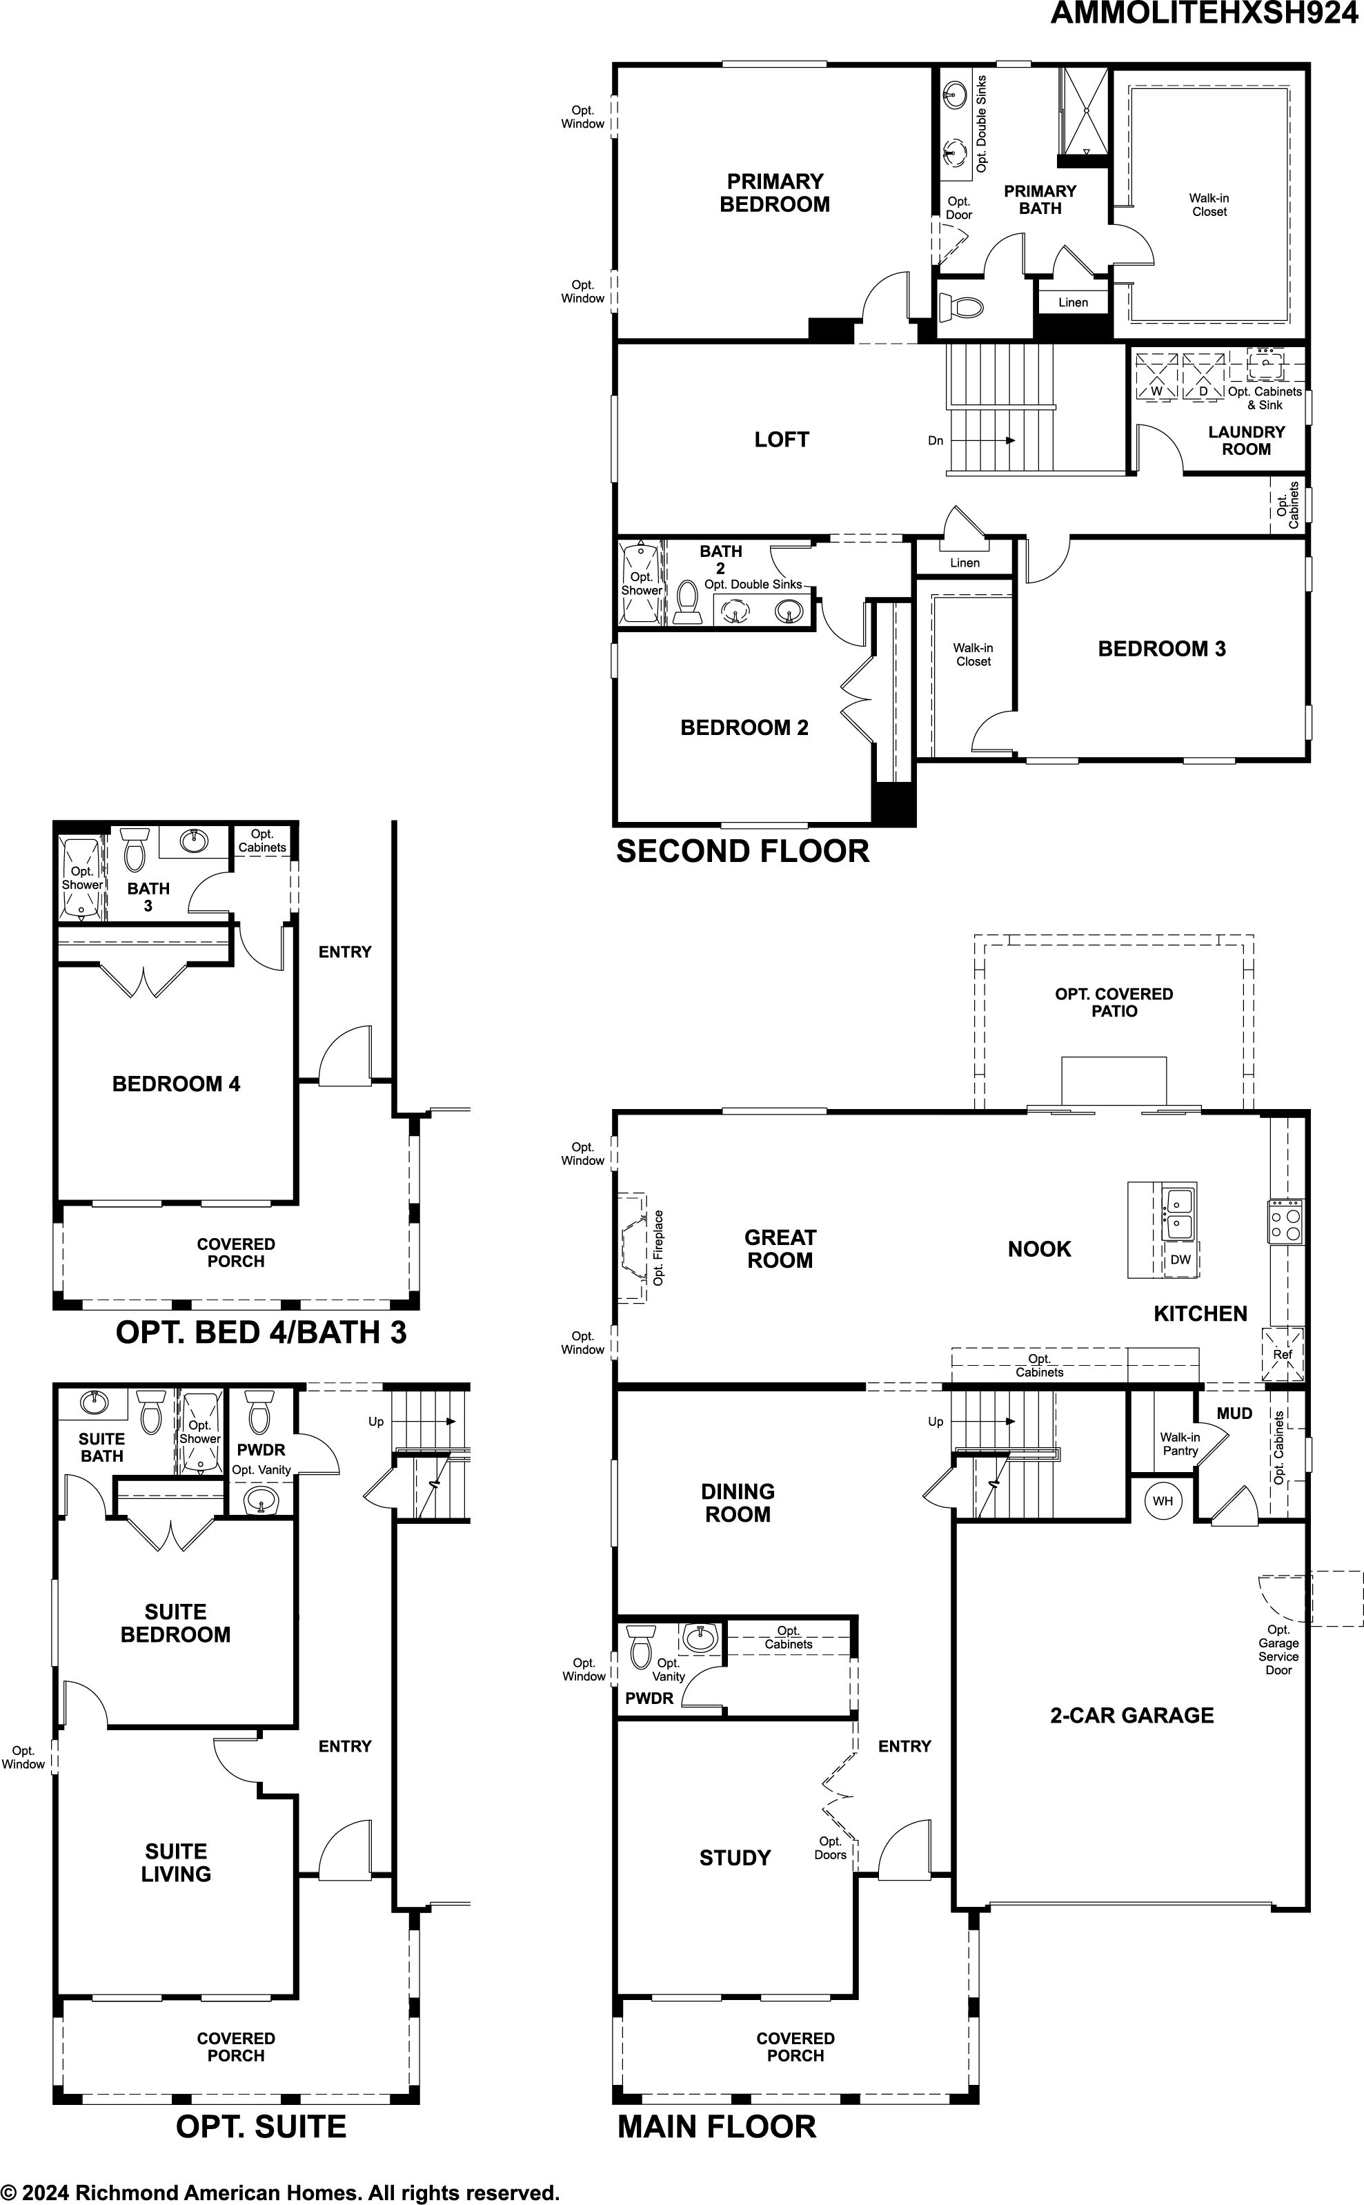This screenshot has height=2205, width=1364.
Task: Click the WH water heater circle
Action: (1163, 1500)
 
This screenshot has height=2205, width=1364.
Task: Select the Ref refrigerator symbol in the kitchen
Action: (1283, 1354)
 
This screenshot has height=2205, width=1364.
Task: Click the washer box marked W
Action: (1156, 375)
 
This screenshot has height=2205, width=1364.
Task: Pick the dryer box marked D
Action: (1203, 375)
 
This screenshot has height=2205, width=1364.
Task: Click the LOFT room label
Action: (781, 440)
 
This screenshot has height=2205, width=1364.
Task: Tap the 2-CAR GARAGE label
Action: (1131, 1715)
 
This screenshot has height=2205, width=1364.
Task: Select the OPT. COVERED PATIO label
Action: (1114, 1002)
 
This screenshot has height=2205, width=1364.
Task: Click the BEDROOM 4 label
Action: (176, 1084)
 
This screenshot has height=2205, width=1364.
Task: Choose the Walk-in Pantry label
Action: (1180, 1444)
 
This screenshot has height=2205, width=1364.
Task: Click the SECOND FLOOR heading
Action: (742, 851)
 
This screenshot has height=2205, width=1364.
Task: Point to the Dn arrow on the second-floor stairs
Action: (982, 440)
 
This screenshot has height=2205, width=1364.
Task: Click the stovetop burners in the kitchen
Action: (1285, 1222)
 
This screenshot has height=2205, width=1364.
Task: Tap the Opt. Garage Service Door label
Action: (1278, 1649)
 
